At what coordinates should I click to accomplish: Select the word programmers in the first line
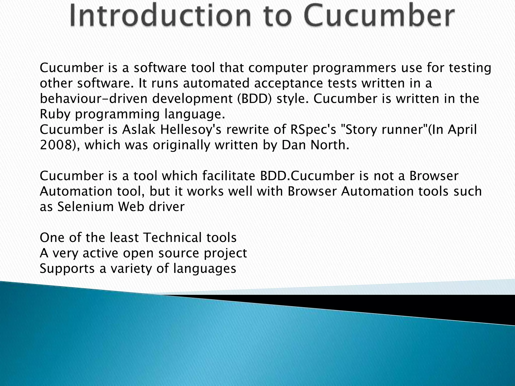click(x=354, y=68)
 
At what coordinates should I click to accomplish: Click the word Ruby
click(x=55, y=114)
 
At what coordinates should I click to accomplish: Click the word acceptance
click(x=288, y=83)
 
